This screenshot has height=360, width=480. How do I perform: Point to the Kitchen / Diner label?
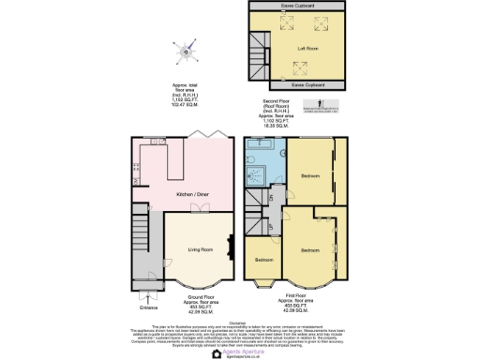[191, 195]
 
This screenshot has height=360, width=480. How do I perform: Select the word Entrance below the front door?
[148, 307]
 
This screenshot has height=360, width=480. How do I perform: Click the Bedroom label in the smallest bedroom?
[264, 259]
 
